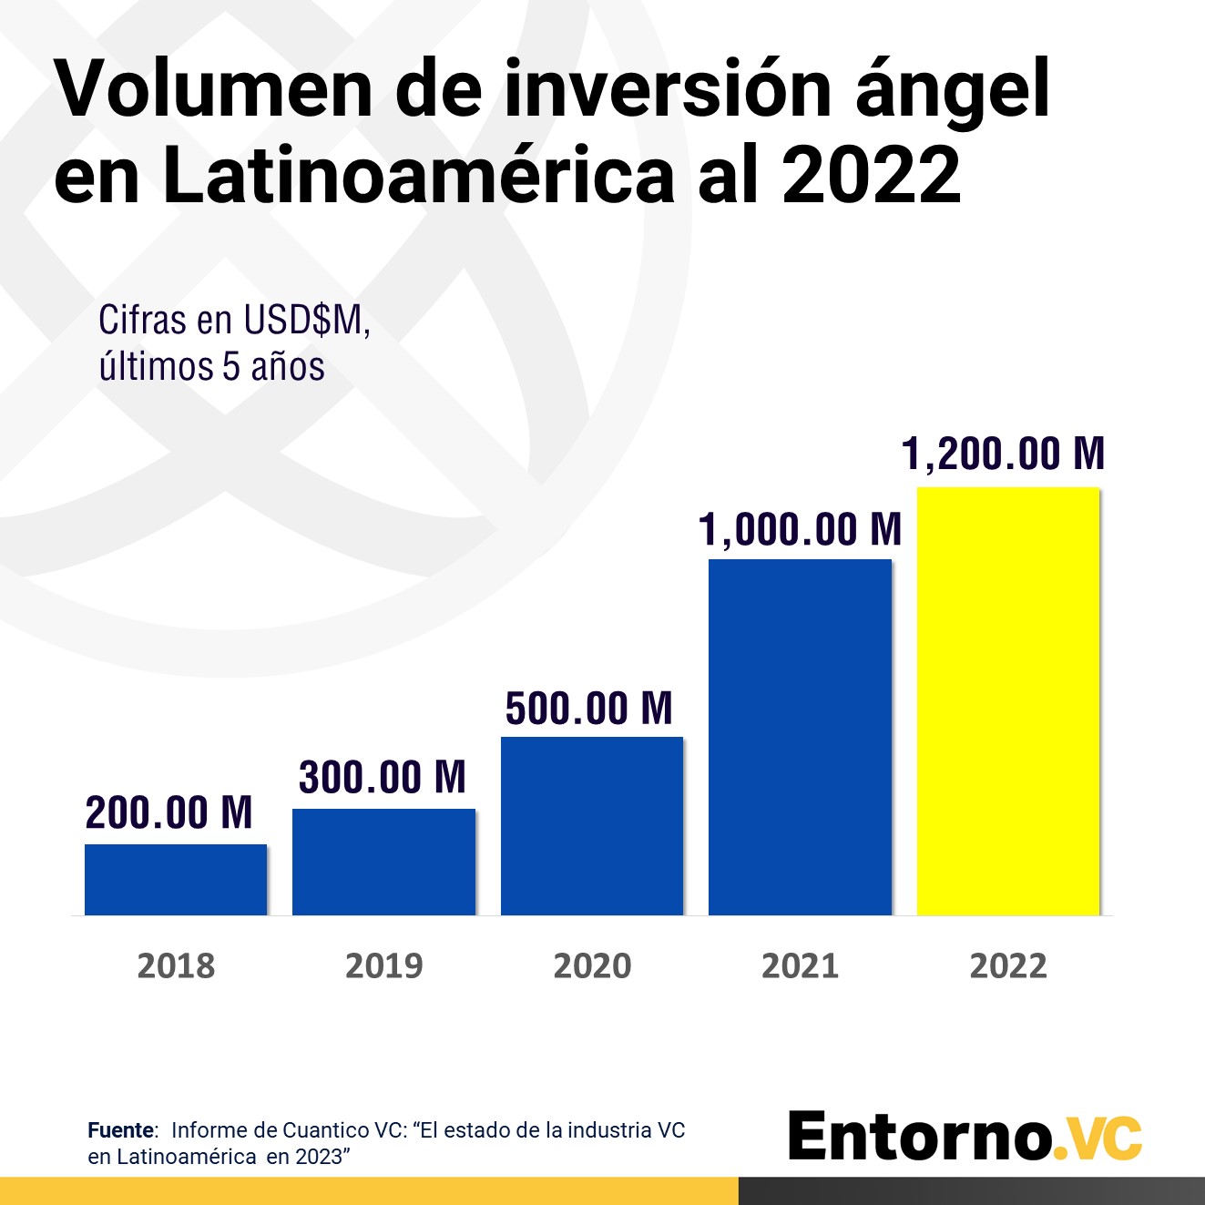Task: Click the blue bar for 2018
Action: tap(176, 880)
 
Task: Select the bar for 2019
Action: tap(383, 862)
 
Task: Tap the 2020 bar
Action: tap(592, 825)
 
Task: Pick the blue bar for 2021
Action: tap(800, 737)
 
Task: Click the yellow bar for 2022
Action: tap(1008, 701)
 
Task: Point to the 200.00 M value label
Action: tap(169, 812)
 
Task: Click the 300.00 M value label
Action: tap(383, 777)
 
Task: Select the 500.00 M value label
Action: tap(589, 709)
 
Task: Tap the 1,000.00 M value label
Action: tap(800, 529)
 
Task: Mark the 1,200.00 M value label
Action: tap(1003, 454)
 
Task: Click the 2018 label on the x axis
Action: tap(176, 965)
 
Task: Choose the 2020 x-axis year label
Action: tap(592, 965)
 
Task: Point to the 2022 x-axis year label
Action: tap(1008, 965)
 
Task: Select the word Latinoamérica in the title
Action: tap(419, 176)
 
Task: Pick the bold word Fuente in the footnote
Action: tap(121, 1130)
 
